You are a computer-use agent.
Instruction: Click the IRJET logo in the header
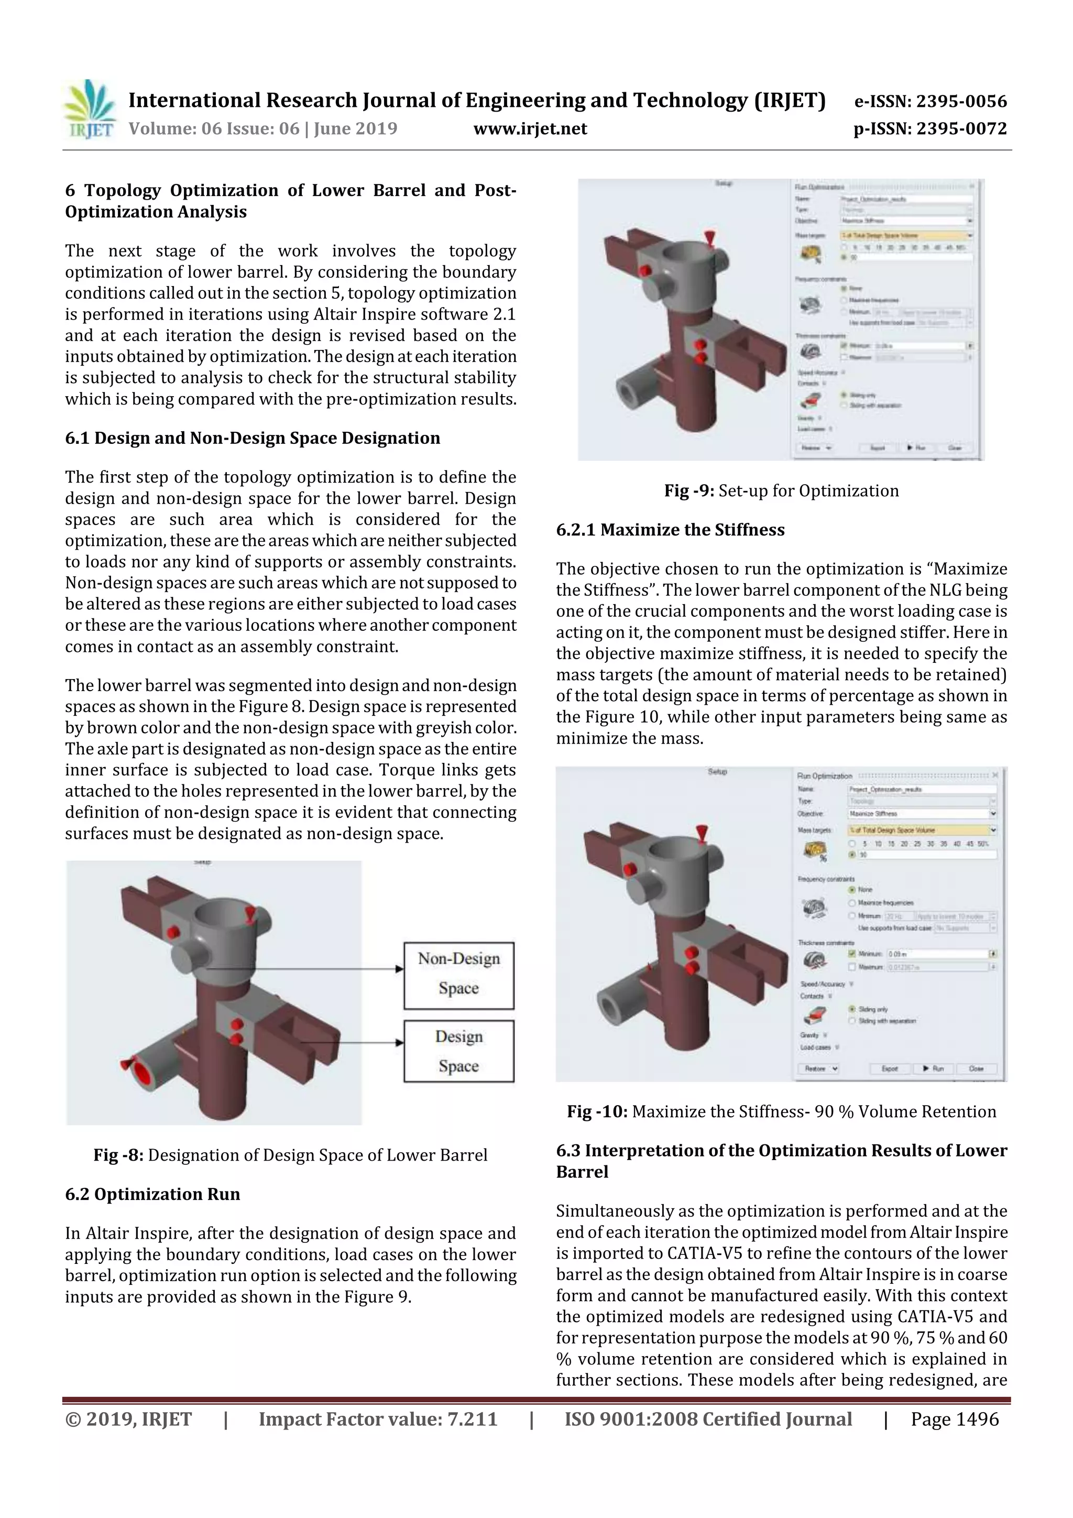click(89, 110)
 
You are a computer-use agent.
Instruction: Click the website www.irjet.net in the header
click(530, 128)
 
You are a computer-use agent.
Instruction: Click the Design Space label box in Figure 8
click(459, 1051)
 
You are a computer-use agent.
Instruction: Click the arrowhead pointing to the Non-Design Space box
click(399, 969)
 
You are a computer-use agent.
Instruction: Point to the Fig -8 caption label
click(118, 1154)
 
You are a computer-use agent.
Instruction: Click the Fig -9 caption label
click(689, 490)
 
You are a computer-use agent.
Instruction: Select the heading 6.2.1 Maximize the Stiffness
click(670, 530)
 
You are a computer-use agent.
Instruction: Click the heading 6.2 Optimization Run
click(152, 1194)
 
